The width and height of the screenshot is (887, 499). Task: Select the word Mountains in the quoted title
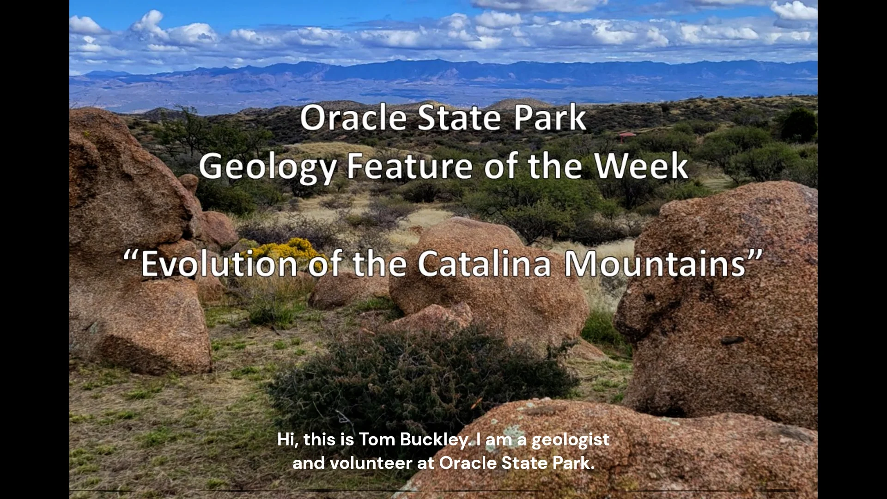pyautogui.click(x=655, y=264)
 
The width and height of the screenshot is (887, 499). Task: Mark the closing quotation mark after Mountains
pyautogui.click(x=756, y=257)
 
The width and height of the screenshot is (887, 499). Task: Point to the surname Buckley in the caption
pyautogui.click(x=435, y=439)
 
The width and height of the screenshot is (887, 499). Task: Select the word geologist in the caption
pyautogui.click(x=570, y=440)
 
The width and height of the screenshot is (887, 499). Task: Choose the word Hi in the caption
pyautogui.click(x=287, y=439)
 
